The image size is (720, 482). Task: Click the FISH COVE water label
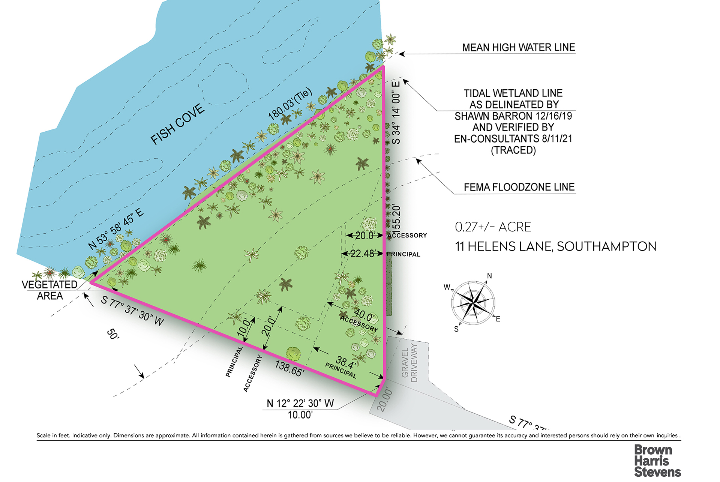177,124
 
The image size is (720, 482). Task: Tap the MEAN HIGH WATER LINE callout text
518,48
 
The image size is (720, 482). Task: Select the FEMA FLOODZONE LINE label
519,187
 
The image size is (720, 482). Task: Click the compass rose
473,302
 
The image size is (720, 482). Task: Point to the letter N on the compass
489,276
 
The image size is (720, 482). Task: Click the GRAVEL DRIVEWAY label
409,362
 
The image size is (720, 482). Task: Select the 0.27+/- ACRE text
493,227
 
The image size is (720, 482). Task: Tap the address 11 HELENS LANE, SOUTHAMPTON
555,246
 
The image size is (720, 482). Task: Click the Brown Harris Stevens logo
657,461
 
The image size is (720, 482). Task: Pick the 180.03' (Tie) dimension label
290,104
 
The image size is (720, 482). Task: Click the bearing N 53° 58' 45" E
116,229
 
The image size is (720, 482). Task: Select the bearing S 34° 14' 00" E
396,111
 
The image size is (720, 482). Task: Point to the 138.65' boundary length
289,368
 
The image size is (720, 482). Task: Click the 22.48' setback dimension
362,254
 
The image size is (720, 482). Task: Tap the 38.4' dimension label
345,362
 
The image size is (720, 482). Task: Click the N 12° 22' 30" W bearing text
300,403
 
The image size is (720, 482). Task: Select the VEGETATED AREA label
49,290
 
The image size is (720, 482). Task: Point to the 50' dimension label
113,334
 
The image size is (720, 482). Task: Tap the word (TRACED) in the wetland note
513,150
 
